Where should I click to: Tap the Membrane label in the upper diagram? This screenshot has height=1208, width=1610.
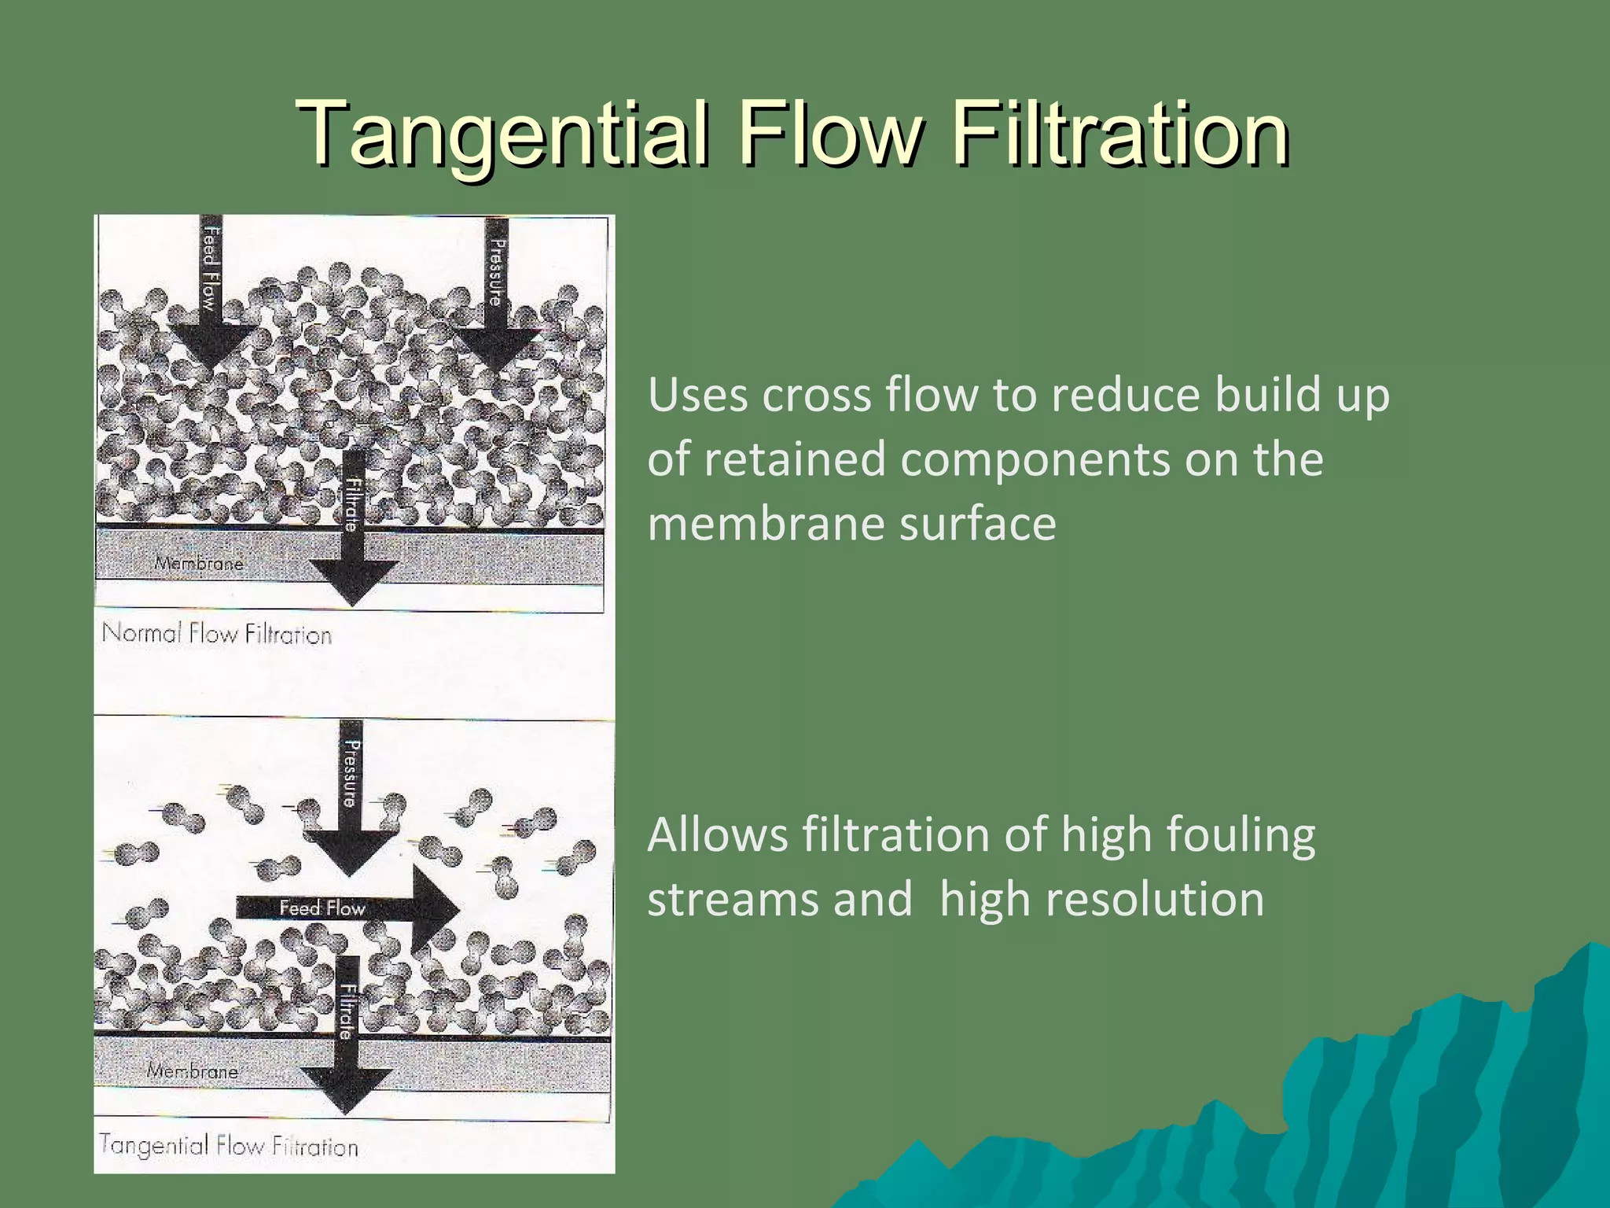199,563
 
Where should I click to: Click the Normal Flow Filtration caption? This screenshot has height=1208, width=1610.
217,634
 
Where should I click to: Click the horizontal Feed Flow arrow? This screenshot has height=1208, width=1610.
346,908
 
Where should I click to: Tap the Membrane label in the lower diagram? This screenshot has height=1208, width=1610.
193,1070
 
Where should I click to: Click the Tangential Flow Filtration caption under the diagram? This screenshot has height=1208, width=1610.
229,1145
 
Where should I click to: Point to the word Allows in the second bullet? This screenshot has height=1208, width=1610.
717,835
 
